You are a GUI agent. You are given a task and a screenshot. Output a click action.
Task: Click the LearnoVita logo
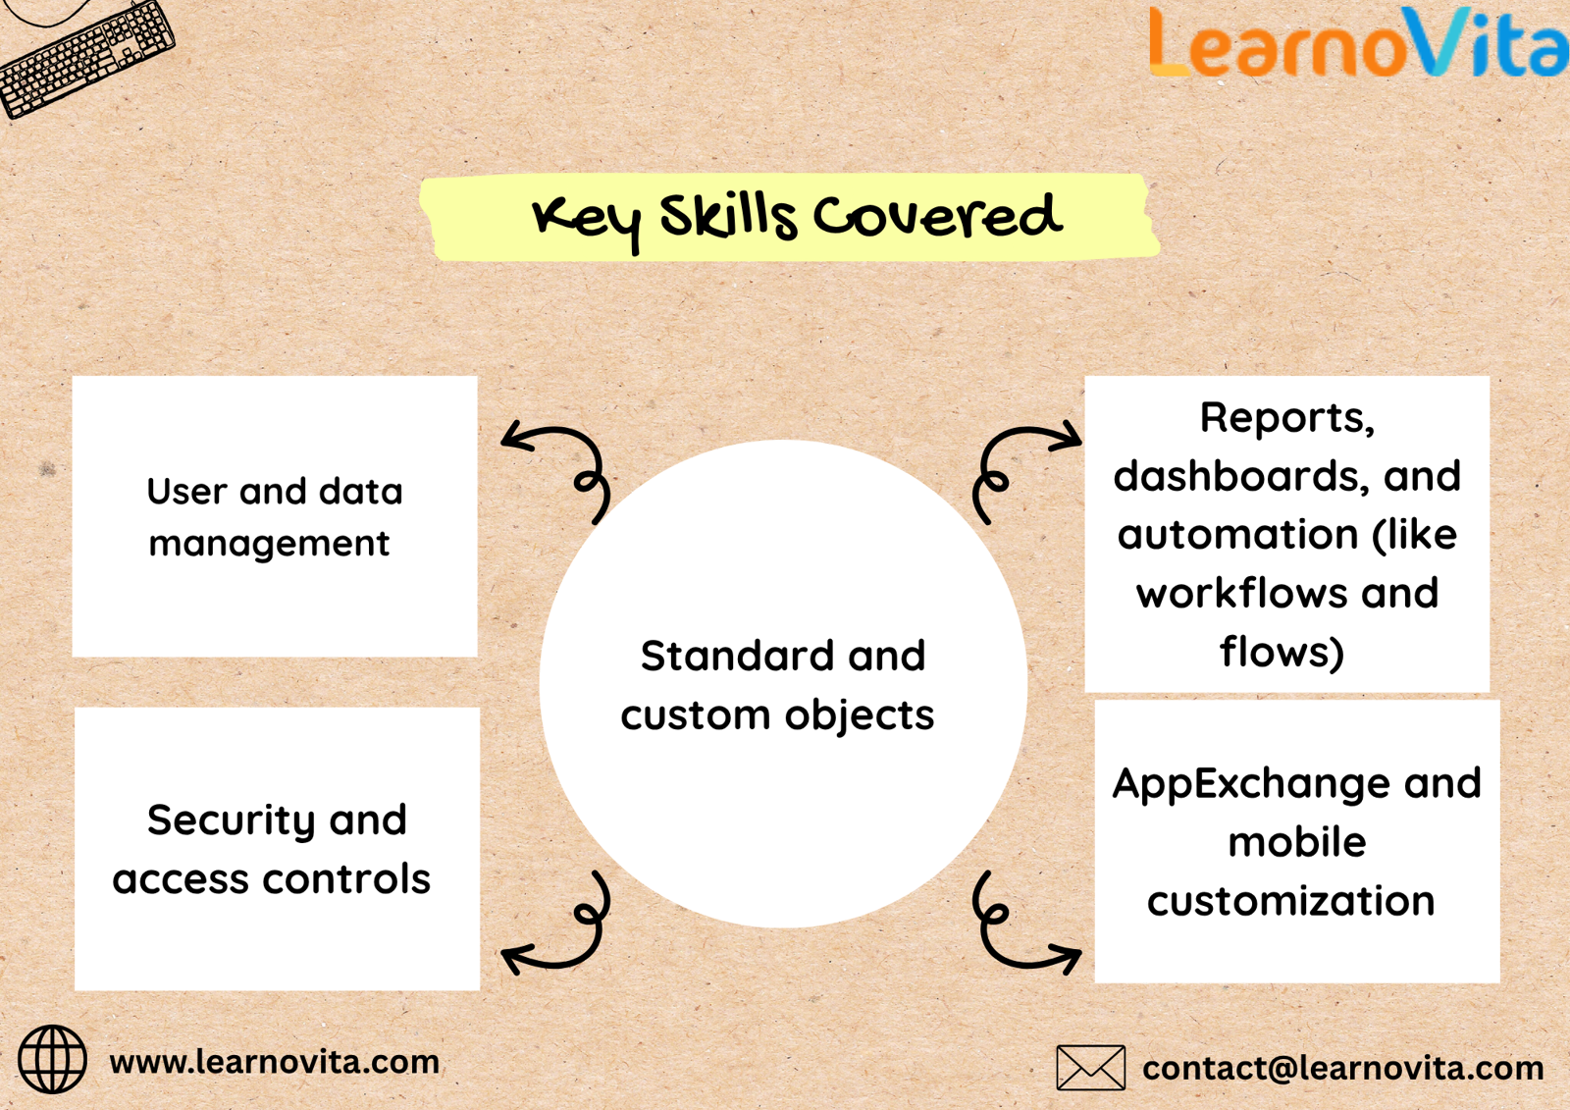pyautogui.click(x=1358, y=42)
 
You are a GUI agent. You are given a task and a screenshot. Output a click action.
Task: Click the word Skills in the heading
pyautogui.click(x=728, y=215)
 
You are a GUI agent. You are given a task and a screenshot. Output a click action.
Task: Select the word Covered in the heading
pyautogui.click(x=937, y=215)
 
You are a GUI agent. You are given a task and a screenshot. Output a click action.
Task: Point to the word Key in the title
pyautogui.click(x=586, y=221)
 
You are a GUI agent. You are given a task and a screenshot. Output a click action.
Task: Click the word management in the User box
pyautogui.click(x=269, y=545)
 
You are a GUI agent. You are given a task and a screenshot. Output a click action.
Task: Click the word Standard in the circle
pyautogui.click(x=737, y=656)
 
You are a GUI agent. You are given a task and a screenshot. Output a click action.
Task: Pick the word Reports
pyautogui.click(x=1287, y=419)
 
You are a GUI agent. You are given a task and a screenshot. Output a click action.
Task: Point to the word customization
pyautogui.click(x=1290, y=901)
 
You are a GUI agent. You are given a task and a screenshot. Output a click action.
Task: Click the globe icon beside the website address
pyautogui.click(x=53, y=1060)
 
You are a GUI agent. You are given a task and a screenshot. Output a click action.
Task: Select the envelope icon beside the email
pyautogui.click(x=1090, y=1068)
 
